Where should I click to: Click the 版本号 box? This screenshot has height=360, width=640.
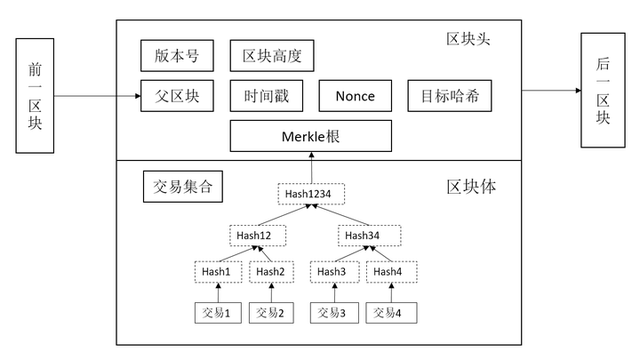pos(177,56)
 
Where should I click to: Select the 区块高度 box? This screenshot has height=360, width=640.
pos(272,56)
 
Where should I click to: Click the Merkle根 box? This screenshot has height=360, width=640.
pos(310,136)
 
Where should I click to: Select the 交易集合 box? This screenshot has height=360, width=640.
pos(182,187)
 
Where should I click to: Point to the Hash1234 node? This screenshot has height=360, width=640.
pos(310,193)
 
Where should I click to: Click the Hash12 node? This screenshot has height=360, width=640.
pos(260,236)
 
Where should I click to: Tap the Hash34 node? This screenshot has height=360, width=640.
pos(369,236)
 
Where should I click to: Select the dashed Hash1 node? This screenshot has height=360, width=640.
pos(218,271)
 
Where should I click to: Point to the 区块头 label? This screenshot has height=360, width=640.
pos(468,39)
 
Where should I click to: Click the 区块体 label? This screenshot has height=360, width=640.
pos(471,188)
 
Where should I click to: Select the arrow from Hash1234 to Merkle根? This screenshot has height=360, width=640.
pos(310,167)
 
